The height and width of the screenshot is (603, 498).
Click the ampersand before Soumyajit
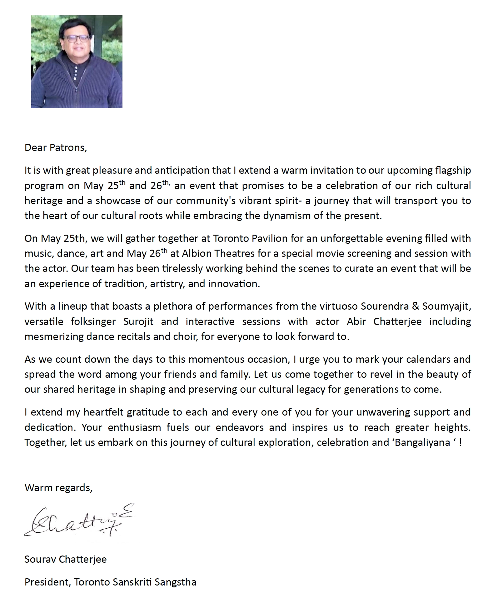(x=416, y=306)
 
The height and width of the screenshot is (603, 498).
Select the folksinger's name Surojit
(x=138, y=321)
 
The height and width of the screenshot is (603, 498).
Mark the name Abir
(x=356, y=321)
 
